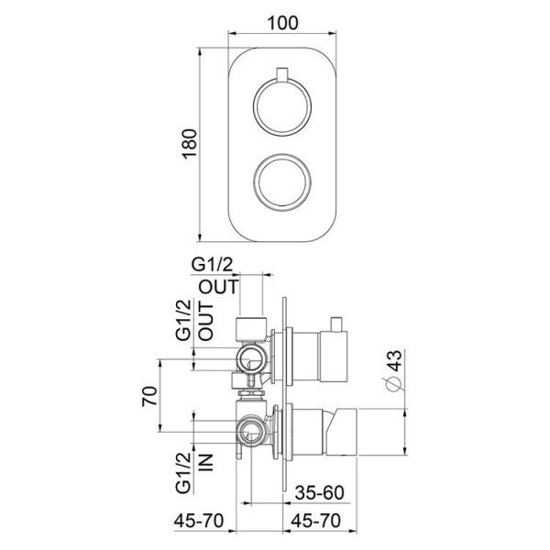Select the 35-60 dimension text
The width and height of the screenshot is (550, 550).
click(321, 492)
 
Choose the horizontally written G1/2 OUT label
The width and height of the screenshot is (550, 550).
click(216, 275)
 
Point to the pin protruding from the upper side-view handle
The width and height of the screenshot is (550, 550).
click(337, 324)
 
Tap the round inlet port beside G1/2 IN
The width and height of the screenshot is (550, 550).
click(250, 429)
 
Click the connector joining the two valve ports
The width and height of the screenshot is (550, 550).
click(253, 391)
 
